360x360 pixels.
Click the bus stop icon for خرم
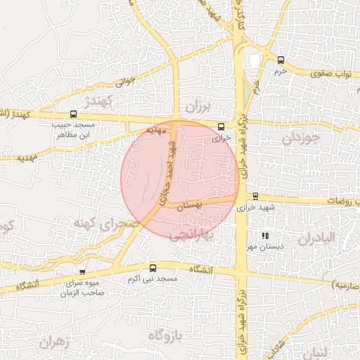point(281,60)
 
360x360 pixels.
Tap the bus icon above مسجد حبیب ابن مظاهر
point(73,114)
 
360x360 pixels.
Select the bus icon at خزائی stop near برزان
point(222,127)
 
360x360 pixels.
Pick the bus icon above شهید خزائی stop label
point(255,196)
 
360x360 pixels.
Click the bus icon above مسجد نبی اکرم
point(153,268)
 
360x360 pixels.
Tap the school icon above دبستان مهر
point(264,236)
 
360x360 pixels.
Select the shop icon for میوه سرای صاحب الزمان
point(82,271)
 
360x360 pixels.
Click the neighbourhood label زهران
point(57,342)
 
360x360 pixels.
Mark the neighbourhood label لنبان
point(327,351)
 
